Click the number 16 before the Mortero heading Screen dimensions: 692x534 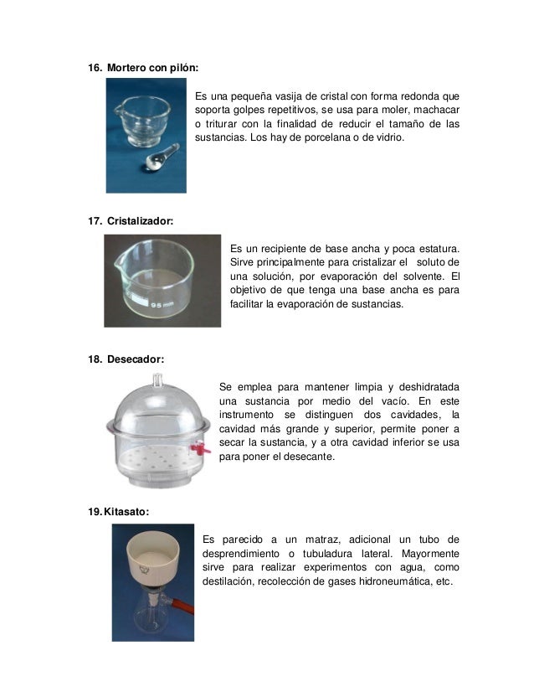pos(95,67)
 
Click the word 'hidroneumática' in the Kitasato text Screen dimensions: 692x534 pos(375,581)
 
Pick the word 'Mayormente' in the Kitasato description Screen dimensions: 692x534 pos(429,553)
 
